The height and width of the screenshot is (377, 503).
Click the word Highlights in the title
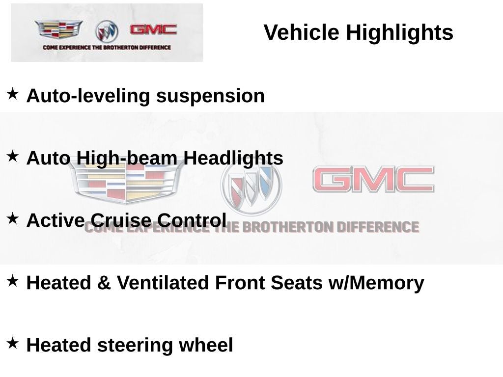399,33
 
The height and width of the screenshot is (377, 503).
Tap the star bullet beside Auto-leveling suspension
13,93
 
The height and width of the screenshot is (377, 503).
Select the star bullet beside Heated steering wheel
13,343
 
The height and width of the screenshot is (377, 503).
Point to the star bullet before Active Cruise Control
13,218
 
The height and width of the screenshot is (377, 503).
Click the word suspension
210,96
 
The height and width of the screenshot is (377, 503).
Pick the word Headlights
233,158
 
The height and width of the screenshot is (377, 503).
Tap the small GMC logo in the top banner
153,30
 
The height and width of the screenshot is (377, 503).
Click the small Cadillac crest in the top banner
58,30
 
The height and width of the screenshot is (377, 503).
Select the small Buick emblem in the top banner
107,31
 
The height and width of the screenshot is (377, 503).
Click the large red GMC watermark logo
373,180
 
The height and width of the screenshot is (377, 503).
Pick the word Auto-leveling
88,96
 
